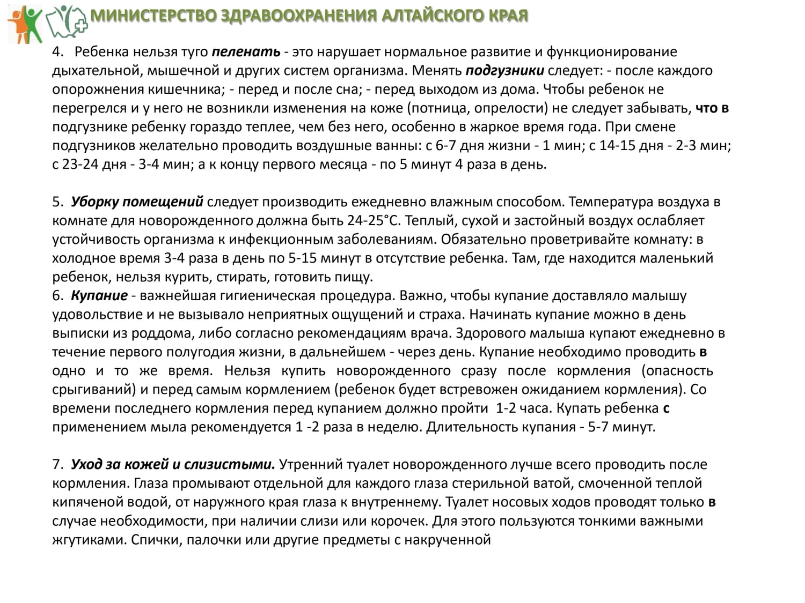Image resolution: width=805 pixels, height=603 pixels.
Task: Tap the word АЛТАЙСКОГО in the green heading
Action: (432, 16)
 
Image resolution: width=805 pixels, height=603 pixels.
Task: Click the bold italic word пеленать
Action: (246, 52)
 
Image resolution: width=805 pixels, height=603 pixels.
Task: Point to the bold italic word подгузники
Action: (504, 71)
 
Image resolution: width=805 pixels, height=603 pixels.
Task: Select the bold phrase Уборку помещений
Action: (137, 202)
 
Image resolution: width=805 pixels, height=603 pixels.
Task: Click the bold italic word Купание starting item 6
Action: (99, 296)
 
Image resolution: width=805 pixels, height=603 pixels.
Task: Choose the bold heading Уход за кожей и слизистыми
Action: (173, 465)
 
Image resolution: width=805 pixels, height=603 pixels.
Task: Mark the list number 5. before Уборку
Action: (58, 202)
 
